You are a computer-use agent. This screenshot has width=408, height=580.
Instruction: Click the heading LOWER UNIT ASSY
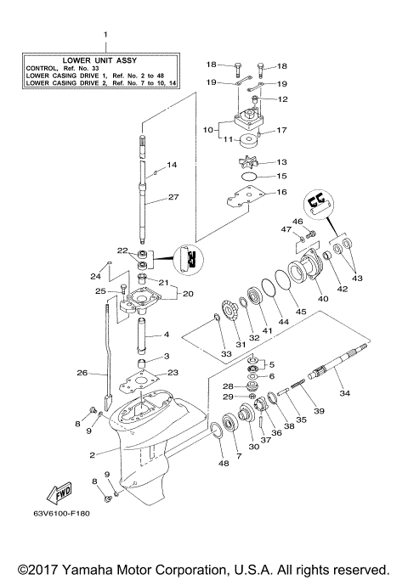click(x=105, y=60)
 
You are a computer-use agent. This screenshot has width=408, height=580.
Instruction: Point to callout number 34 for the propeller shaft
click(x=344, y=392)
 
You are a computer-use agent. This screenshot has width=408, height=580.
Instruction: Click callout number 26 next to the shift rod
click(x=82, y=371)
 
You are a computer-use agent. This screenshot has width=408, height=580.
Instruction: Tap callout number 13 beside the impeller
click(x=281, y=161)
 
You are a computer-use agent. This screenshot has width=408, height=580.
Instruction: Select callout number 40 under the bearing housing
click(x=322, y=298)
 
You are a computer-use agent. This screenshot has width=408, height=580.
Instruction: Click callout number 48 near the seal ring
click(x=223, y=463)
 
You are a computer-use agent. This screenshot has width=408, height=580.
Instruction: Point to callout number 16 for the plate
click(x=280, y=193)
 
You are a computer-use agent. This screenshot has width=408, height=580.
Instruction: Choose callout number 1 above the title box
click(x=105, y=36)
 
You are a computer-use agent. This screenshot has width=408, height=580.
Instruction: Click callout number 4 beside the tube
click(x=167, y=335)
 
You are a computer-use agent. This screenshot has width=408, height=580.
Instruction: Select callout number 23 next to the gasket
click(x=173, y=372)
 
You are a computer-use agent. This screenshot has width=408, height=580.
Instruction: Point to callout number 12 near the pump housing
click(x=282, y=99)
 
